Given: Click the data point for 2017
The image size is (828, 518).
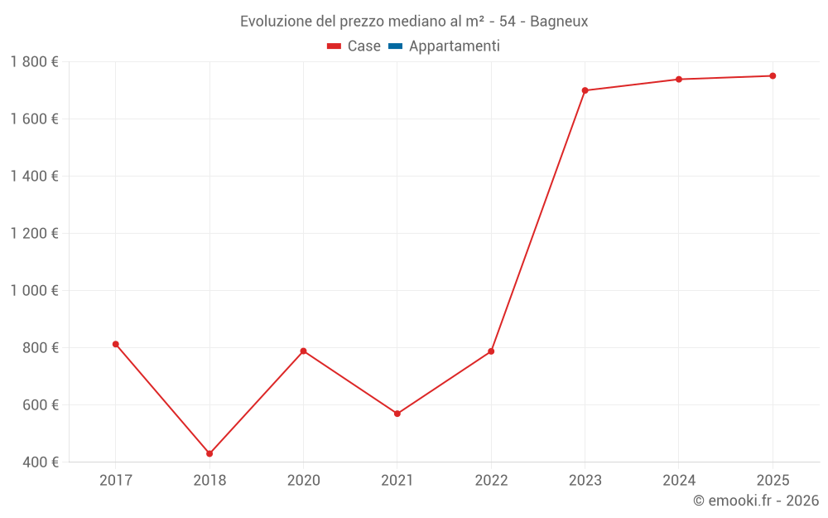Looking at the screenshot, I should (116, 344).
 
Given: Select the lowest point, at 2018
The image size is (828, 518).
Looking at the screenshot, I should (209, 453).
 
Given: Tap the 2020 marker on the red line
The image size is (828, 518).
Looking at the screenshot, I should (303, 351).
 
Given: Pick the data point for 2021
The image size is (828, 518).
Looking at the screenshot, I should (397, 414).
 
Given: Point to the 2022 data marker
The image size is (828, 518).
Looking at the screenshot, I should (491, 351).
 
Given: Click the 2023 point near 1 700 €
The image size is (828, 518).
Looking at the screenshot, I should (585, 90).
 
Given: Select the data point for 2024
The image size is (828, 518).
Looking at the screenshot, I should (679, 80).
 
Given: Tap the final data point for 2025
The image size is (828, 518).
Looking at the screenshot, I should (773, 76).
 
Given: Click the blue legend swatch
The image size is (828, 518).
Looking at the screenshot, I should (395, 46).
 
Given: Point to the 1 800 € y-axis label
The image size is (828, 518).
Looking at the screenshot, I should (35, 62).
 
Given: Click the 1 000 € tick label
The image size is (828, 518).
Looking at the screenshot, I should (35, 291).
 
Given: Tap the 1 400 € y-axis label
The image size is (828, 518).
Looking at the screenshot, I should (35, 177).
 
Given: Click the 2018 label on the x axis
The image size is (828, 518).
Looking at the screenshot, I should (209, 480).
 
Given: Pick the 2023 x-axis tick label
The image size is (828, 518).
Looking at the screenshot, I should (585, 480).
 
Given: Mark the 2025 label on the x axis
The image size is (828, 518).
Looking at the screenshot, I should (773, 480).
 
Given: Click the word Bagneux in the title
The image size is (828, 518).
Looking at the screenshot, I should (559, 22).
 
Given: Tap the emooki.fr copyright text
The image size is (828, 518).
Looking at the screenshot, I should (755, 501).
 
